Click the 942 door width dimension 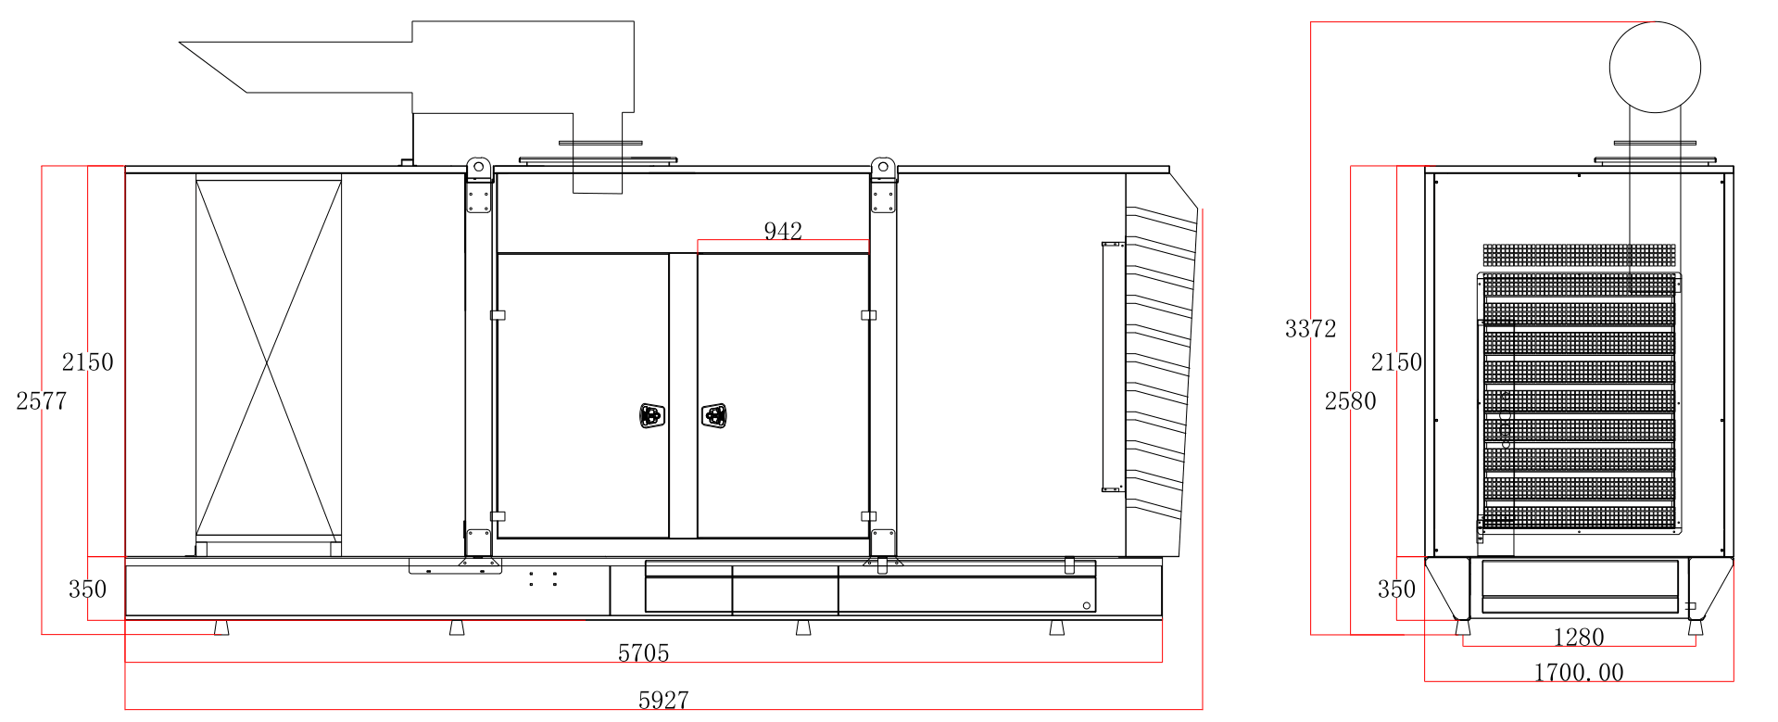783,231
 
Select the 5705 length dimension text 644,653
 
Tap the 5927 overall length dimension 663,701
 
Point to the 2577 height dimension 42,401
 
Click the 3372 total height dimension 1310,329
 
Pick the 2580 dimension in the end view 1350,401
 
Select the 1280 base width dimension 1578,638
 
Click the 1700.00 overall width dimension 1579,673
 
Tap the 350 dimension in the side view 87,589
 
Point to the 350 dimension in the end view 1396,589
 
